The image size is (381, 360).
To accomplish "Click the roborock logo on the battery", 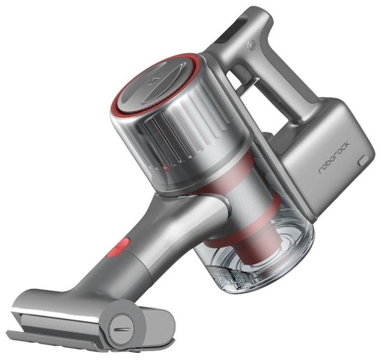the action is click(334, 157).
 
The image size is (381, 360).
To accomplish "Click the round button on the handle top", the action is click(251, 45).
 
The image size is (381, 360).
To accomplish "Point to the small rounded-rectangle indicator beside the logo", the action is click(364, 161).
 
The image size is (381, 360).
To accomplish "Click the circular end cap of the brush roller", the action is click(121, 330).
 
